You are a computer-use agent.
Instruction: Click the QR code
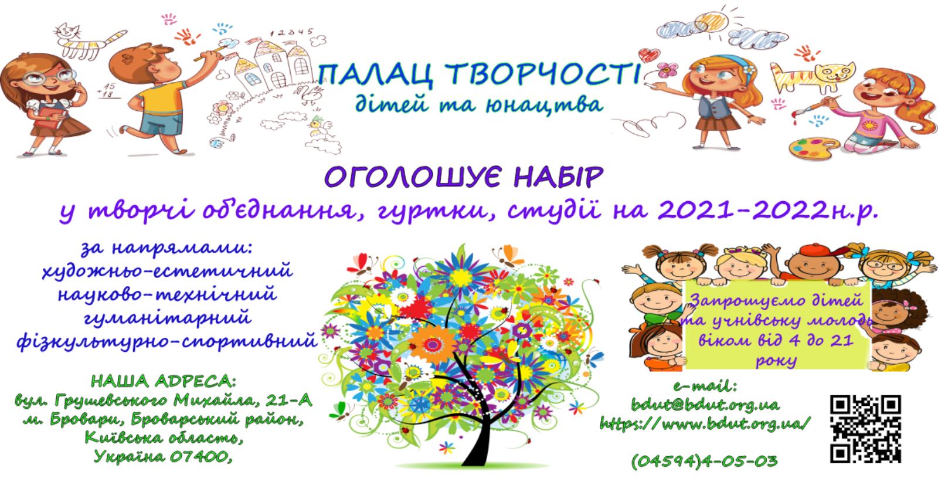coord(865,429)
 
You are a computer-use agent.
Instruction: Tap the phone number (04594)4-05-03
coord(704,461)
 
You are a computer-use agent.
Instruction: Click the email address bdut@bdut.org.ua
coord(706,405)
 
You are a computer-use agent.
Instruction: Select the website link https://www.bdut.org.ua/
coord(706,423)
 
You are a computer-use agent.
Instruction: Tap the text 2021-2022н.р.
coord(767,210)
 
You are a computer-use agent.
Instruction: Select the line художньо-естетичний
coord(168,270)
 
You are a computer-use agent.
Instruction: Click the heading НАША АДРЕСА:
coord(164,381)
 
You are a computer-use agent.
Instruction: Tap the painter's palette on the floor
coord(814,148)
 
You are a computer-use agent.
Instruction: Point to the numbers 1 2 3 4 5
coord(292,32)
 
